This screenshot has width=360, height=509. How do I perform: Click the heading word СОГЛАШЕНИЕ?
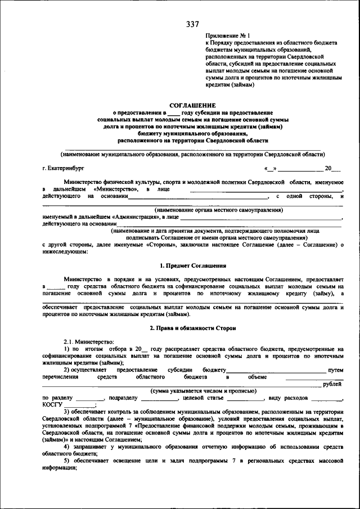tap(193, 105)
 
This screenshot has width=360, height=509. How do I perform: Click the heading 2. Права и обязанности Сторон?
tap(193, 327)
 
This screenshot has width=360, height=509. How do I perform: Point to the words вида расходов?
tap(289, 398)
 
